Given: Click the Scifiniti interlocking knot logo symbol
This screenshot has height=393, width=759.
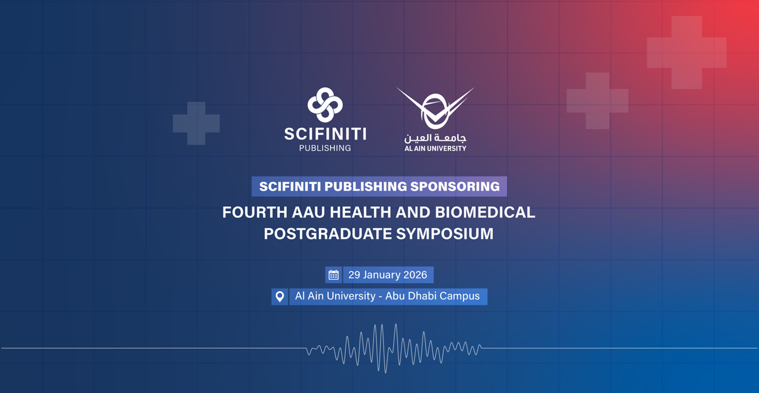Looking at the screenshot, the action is point(325,105).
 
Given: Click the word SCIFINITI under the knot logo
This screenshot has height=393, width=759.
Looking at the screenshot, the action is point(325,134).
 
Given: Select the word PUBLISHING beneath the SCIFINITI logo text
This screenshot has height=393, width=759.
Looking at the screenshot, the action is point(325,148).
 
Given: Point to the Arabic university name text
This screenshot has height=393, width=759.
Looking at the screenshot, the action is point(436,138).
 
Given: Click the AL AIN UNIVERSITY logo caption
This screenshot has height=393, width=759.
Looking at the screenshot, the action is point(436,148).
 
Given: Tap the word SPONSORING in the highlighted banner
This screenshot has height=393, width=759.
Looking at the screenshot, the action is point(455,186).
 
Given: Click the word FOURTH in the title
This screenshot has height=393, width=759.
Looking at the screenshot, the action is point(255,213).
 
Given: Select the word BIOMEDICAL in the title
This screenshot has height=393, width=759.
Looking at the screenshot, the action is point(485,213).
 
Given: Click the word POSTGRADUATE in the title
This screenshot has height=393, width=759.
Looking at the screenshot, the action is point(328,234).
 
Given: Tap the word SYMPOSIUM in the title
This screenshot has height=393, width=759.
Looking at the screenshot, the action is point(445,234).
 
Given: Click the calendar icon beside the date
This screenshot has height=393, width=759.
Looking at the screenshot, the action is point(333,275).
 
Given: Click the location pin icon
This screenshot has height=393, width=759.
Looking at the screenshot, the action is point(280,297).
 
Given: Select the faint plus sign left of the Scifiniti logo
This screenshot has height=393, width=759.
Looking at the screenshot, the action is point(196,123).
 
